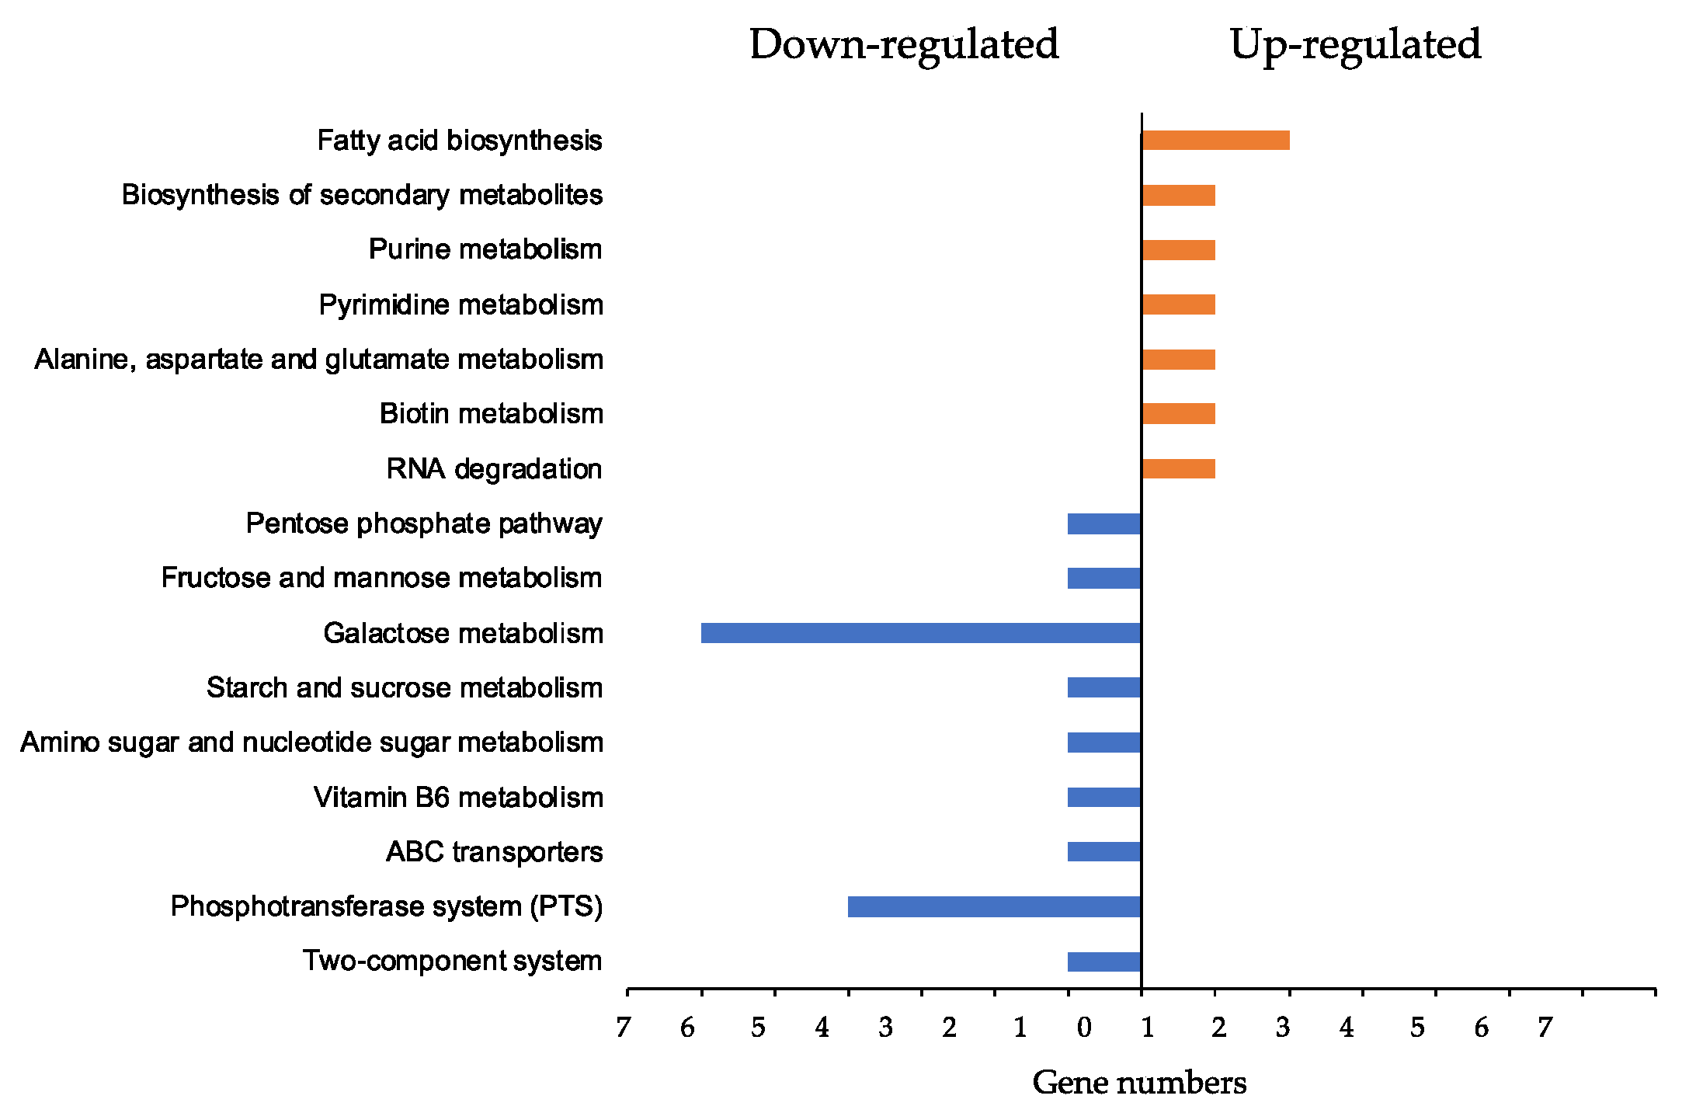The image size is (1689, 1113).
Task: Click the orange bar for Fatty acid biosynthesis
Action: tap(1215, 141)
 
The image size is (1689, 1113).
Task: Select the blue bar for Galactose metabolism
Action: tap(920, 633)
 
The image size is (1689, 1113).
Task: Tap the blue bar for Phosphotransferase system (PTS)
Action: tap(994, 906)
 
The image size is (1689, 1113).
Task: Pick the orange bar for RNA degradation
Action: tap(1178, 469)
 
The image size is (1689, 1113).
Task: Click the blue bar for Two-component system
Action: tap(1103, 962)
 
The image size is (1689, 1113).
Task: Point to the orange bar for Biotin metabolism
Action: tap(1178, 414)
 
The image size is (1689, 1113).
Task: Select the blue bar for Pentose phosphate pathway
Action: tap(1103, 523)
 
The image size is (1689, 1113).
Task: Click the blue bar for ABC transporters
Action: tap(1103, 852)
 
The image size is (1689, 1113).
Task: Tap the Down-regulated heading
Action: tap(904, 44)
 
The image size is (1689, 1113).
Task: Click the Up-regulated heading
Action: tap(1355, 44)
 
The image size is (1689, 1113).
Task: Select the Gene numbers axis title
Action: tap(1139, 1083)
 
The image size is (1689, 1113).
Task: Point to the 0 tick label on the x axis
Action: tap(1084, 1028)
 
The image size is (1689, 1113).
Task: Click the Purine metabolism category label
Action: tap(485, 249)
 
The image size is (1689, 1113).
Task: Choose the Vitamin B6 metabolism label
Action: tap(458, 798)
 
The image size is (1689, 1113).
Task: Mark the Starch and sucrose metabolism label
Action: tap(405, 688)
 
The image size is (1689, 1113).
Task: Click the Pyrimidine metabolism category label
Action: tap(460, 304)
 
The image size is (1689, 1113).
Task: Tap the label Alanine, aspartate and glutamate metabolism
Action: tap(319, 360)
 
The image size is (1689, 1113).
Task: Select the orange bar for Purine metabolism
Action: tap(1178, 250)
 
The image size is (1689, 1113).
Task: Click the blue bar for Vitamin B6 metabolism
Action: tap(1103, 798)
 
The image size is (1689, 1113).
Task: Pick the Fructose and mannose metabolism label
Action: tap(381, 578)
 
